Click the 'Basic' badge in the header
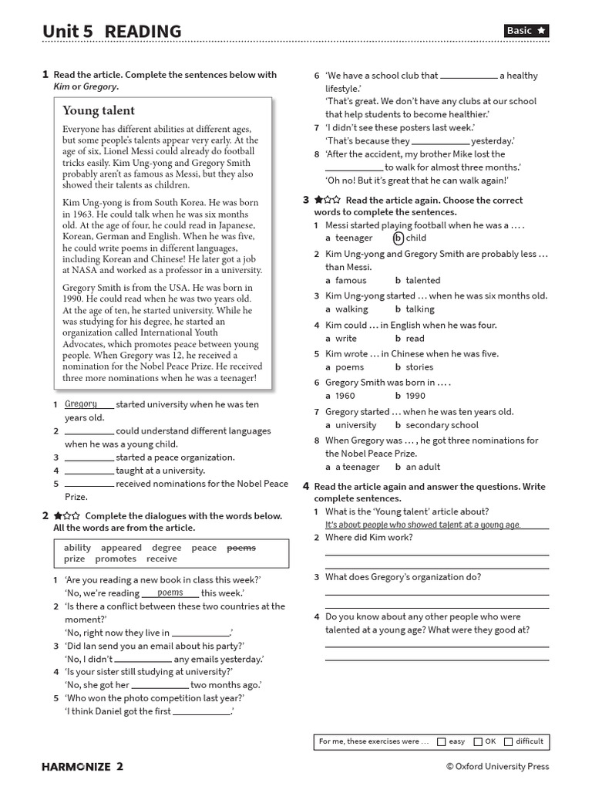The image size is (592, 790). (x=527, y=31)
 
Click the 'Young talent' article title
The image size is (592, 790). (x=99, y=110)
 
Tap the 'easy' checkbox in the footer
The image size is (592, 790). (x=442, y=741)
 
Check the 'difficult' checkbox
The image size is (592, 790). (x=508, y=741)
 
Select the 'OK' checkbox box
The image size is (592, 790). (x=478, y=741)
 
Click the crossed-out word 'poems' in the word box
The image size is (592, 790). (x=240, y=548)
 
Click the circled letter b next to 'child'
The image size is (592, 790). (x=398, y=238)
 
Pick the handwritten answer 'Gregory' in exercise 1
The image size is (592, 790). (x=82, y=403)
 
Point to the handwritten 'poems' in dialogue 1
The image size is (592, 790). (x=170, y=592)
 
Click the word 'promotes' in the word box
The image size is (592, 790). (x=116, y=559)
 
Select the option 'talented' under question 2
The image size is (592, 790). (x=422, y=280)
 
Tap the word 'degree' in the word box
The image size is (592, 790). (x=166, y=548)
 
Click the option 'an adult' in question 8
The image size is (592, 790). (x=423, y=467)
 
